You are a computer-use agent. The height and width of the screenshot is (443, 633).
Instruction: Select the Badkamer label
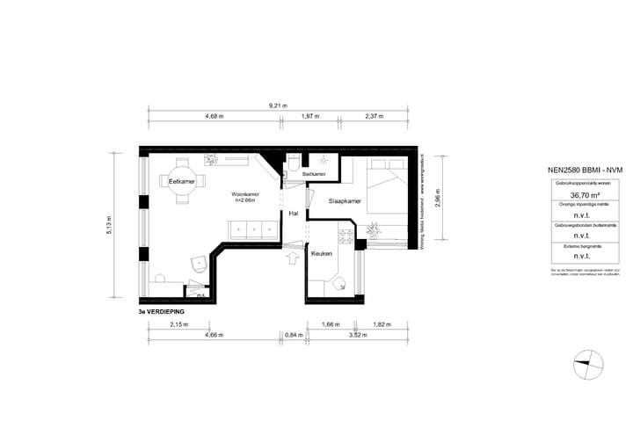coord(314,175)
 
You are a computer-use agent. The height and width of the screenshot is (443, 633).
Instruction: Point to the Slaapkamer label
coord(346,201)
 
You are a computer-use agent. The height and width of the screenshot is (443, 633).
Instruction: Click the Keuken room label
coord(323,253)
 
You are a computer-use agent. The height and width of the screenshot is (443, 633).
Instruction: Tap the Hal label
coord(293,213)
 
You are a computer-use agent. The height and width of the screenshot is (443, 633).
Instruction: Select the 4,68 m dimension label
coord(214,117)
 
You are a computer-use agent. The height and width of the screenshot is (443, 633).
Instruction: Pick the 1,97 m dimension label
coord(309,117)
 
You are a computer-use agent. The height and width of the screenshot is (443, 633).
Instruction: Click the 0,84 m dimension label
coord(295,335)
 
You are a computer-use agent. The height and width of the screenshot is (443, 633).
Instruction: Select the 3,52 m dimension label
coord(356,335)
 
